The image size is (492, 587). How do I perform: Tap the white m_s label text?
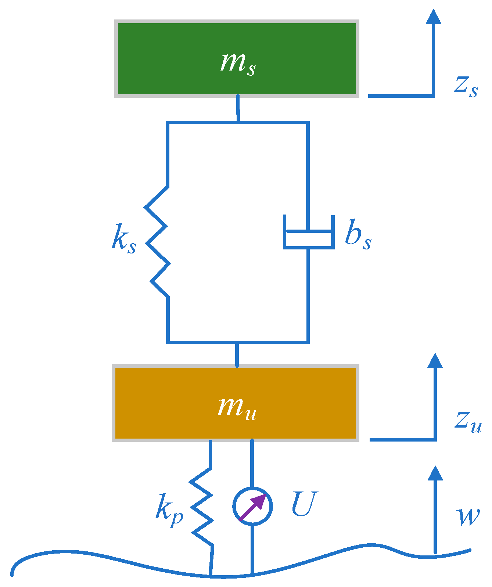click(x=238, y=63)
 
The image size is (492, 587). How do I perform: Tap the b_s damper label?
click(x=358, y=235)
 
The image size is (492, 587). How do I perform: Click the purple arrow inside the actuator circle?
click(x=254, y=507)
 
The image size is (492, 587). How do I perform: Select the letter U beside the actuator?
click(x=304, y=504)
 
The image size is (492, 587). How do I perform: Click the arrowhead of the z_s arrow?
click(x=433, y=17)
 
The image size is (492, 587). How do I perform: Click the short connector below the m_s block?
click(x=238, y=108)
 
